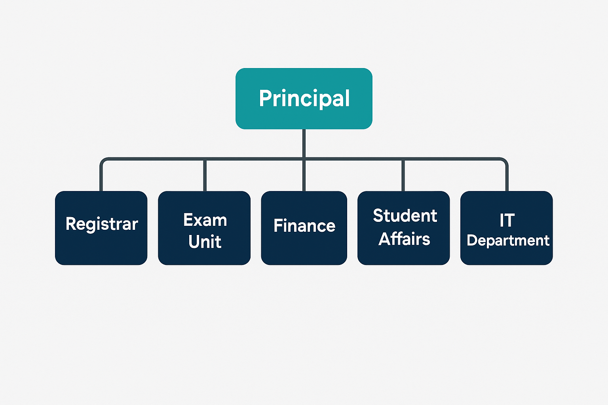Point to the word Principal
(304, 98)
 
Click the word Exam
(205, 220)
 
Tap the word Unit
(205, 242)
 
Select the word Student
(405, 216)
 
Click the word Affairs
(404, 239)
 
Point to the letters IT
(507, 220)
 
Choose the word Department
(508, 240)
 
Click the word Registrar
(102, 224)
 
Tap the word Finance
(304, 226)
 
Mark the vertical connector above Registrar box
(101, 178)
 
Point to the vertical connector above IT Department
(507, 178)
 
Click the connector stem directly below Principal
(304, 143)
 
